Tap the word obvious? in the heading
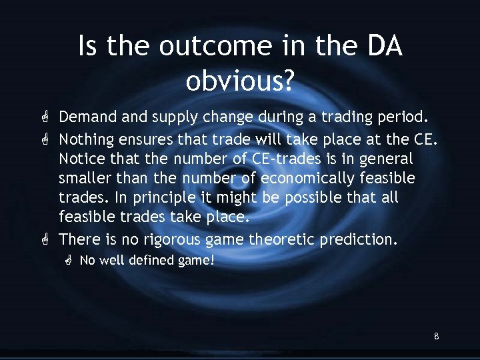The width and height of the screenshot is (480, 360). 240,81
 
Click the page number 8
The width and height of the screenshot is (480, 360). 436,337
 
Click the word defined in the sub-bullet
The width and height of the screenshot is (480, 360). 150,261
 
